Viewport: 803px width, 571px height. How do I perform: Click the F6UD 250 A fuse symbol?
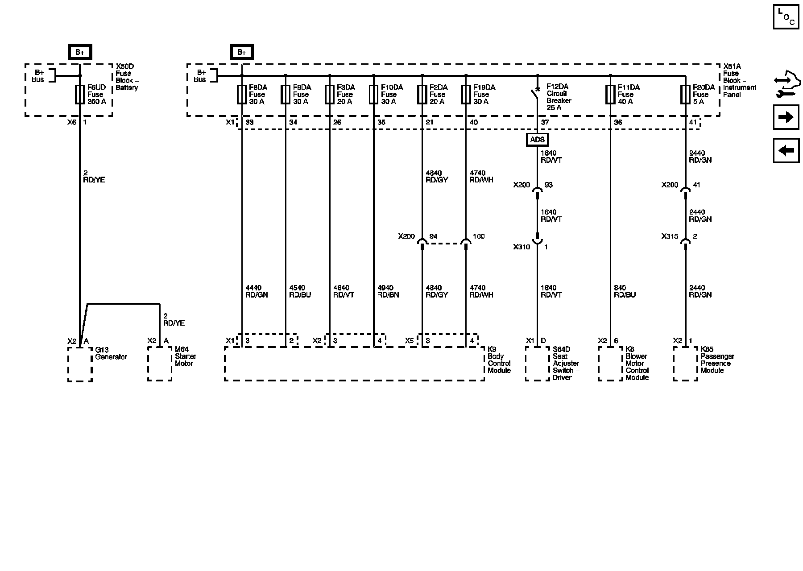coord(80,95)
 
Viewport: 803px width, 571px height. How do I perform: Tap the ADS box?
coord(537,140)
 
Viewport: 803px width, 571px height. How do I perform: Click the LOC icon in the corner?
coord(786,17)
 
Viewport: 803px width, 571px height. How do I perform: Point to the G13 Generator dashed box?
coord(80,364)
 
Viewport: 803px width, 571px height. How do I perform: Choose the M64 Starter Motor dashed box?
coord(160,364)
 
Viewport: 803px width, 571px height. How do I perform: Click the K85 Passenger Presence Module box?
coord(685,364)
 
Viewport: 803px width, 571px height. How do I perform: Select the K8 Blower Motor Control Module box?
coord(610,364)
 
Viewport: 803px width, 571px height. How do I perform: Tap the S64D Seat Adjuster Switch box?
coord(537,364)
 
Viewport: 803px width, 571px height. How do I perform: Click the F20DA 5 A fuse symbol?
coord(685,95)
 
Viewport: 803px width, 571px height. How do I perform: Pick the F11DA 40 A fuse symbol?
coord(610,95)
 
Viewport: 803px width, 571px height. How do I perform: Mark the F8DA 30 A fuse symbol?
coord(241,95)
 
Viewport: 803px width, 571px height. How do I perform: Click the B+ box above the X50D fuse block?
coord(80,52)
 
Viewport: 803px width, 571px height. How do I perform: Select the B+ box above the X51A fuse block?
coord(241,52)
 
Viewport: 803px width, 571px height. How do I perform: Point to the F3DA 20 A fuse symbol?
coord(330,95)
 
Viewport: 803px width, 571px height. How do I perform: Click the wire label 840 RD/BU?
coord(625,291)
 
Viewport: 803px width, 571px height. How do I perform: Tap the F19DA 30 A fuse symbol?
coord(466,95)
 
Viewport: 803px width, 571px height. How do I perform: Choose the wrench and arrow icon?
coord(786,84)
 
